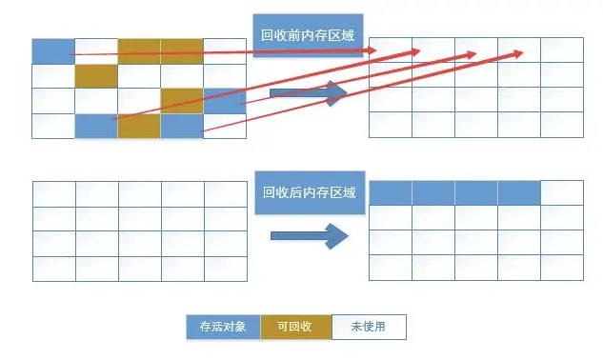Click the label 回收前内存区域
pyautogui.click(x=308, y=35)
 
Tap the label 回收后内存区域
pyautogui.click(x=310, y=192)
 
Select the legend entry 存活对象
pyautogui.click(x=224, y=327)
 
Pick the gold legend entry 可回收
pyautogui.click(x=296, y=327)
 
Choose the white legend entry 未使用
pyautogui.click(x=369, y=327)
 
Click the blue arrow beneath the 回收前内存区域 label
pyautogui.click(x=309, y=93)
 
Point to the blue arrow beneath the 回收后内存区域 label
pyautogui.click(x=310, y=236)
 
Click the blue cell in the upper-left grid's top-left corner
pyautogui.click(x=53, y=51)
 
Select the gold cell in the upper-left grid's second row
pyautogui.click(x=96, y=76)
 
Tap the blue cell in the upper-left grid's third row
pyautogui.click(x=225, y=101)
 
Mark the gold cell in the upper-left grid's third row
pyautogui.click(x=182, y=101)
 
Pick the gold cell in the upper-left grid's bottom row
pyautogui.click(x=139, y=126)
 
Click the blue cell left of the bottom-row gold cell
pyautogui.click(x=96, y=126)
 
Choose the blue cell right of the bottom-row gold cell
pyautogui.click(x=182, y=126)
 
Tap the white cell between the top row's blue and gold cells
pyautogui.click(x=96, y=51)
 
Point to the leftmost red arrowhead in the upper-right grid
pyautogui.click(x=372, y=50)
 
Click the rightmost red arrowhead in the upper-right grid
pyautogui.click(x=518, y=53)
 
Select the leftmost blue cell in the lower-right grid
pyautogui.click(x=391, y=192)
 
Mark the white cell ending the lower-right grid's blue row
pyautogui.click(x=562, y=192)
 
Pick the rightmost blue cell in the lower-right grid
pyautogui.click(x=519, y=192)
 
